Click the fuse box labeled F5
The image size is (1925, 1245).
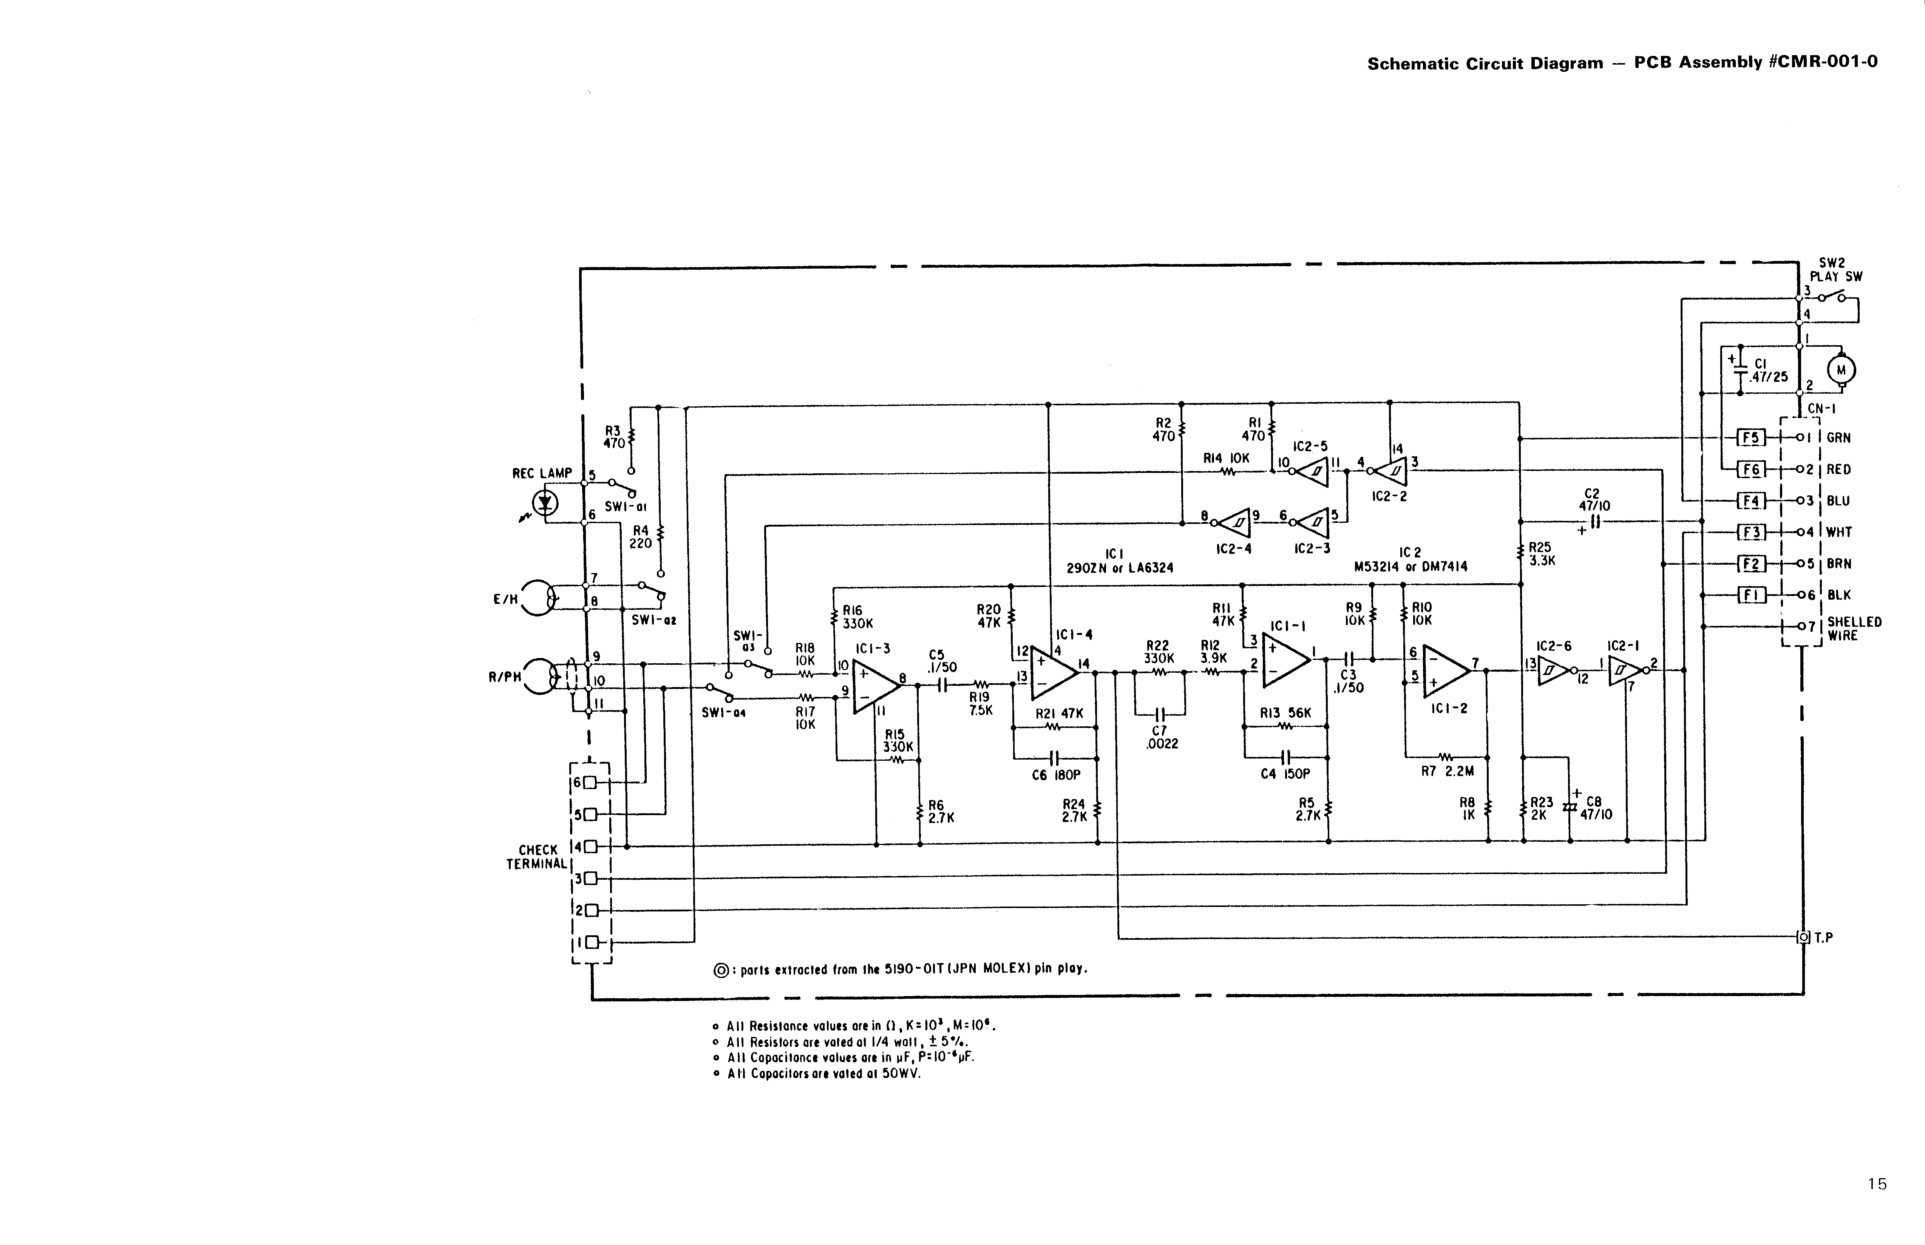1750,437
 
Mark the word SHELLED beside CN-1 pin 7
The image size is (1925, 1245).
1854,622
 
